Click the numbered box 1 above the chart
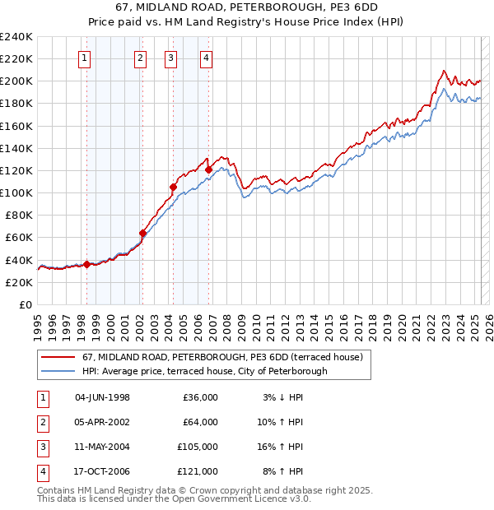pos(86,58)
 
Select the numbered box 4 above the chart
pos(206,58)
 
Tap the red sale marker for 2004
pos(174,187)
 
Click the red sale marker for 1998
pos(86,264)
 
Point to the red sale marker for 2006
pos(208,169)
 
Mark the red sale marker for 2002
pos(142,233)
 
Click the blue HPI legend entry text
pos(204,371)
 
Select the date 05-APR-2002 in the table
pos(102,422)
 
